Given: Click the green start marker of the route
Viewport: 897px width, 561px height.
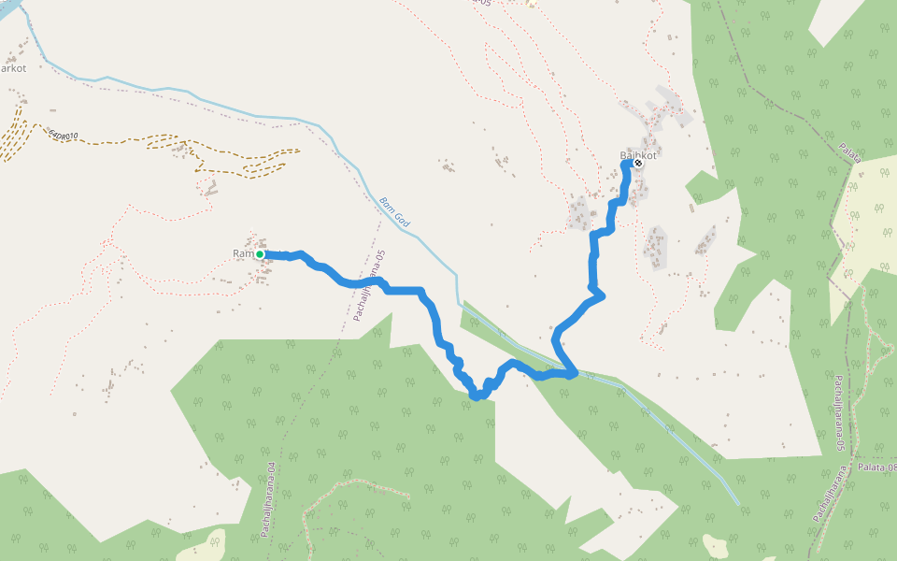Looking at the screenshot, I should (260, 254).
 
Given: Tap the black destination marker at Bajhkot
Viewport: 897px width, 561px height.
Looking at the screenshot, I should (638, 163).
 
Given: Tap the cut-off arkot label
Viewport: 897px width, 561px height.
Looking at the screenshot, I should (13, 68).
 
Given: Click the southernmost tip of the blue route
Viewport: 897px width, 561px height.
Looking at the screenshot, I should (477, 397).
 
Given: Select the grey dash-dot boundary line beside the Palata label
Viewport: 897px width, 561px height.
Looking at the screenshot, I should (822, 131).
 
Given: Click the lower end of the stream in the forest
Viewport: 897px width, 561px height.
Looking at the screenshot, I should (736, 502).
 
